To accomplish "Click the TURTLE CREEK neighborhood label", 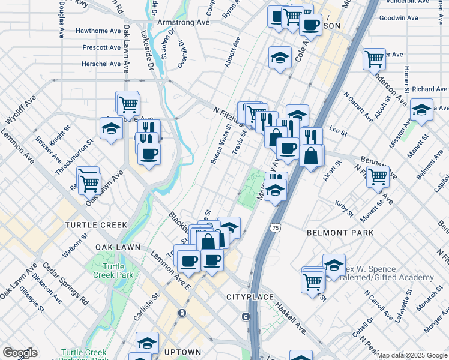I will [96, 224].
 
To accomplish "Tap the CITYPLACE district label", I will [250, 297].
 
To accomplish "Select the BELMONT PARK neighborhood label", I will [340, 232].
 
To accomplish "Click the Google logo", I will [20, 353].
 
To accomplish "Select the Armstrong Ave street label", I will [178, 22].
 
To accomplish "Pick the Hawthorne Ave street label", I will [98, 31].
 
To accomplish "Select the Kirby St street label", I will [345, 208].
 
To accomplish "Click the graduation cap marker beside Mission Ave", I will [421, 110].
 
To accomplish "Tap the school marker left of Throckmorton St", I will [111, 128].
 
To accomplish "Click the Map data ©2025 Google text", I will [412, 355].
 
